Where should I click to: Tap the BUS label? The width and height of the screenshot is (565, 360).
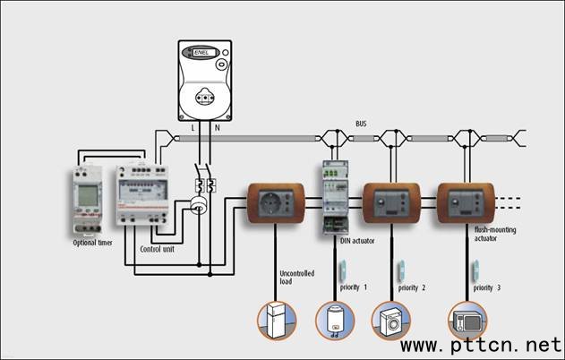click(x=360, y=124)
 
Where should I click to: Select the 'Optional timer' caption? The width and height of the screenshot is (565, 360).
click(x=92, y=243)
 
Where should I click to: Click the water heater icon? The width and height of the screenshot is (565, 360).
click(x=335, y=321)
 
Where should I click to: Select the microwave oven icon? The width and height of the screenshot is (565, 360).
click(x=467, y=320)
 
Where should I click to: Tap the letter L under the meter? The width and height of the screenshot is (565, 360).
click(x=193, y=129)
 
